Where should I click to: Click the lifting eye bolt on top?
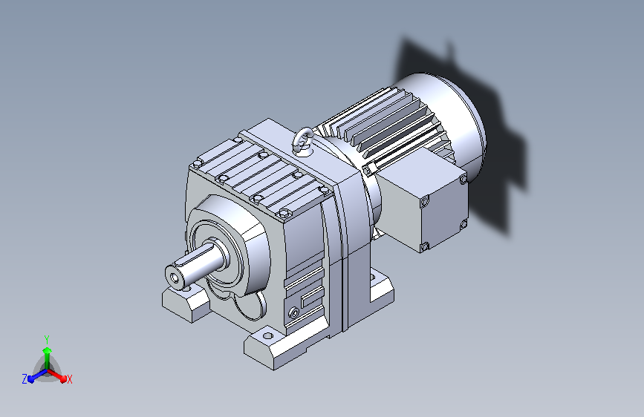(x=303, y=141)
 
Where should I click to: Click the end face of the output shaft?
(x=175, y=278)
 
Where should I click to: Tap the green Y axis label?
(x=47, y=339)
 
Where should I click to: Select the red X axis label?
(x=69, y=380)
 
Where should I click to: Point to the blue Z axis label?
(x=25, y=379)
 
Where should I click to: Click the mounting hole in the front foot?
(x=268, y=335)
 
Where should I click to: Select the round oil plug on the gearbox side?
(x=293, y=313)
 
